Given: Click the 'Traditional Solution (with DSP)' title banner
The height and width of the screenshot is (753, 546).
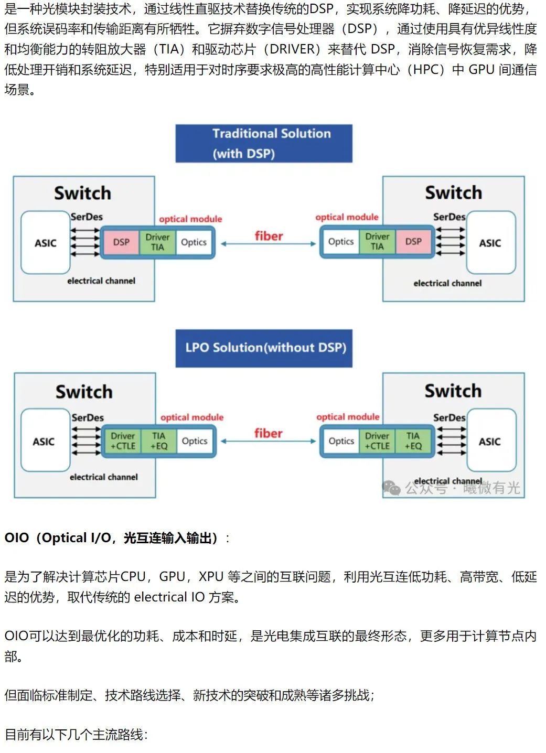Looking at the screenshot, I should (264, 143).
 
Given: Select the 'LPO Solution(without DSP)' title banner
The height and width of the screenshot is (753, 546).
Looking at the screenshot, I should (264, 348).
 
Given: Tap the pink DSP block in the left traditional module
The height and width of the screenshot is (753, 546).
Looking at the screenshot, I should (121, 242).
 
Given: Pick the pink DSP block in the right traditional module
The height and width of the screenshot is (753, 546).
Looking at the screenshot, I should (413, 241).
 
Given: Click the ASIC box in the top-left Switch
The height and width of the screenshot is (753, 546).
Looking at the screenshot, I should (46, 243).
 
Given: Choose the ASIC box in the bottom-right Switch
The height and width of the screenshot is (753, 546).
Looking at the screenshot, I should (490, 442).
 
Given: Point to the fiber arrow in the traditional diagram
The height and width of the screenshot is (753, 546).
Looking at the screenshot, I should (268, 244).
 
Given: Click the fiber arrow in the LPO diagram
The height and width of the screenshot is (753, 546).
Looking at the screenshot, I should (268, 442).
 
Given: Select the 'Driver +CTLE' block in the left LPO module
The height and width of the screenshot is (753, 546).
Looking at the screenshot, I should (123, 441).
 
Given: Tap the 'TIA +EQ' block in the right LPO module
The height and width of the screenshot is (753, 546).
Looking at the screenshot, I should (413, 441).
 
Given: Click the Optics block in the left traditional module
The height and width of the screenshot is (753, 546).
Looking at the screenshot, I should (194, 242).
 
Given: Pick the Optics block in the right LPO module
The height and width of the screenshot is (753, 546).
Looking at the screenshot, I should (341, 441).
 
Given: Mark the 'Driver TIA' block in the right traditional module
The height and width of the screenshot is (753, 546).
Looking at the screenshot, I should (377, 241).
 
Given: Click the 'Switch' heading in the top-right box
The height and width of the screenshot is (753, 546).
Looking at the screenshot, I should (453, 192).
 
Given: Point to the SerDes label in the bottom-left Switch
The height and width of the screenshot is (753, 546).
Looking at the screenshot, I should (88, 417).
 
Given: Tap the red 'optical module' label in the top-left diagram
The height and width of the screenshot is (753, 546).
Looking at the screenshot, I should (190, 219).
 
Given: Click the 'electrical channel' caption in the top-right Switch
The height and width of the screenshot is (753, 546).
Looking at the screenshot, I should (447, 283).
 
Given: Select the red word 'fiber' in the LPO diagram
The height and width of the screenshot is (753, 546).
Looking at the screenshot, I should (268, 433).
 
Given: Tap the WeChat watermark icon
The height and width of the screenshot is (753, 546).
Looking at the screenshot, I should (391, 488).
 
